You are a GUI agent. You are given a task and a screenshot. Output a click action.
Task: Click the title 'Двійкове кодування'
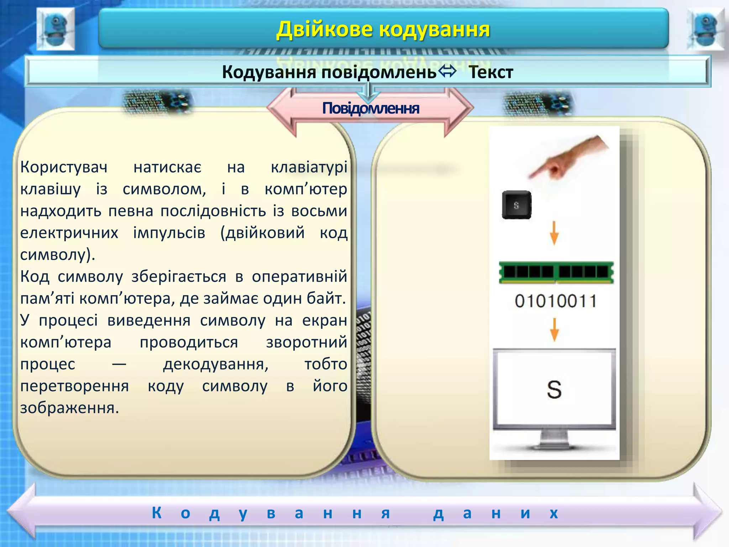point(383,29)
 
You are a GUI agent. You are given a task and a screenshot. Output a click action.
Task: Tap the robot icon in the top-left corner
point(56,29)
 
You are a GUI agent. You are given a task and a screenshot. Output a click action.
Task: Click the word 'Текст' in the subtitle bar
point(491,72)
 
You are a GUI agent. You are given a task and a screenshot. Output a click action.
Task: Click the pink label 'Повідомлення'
point(371,108)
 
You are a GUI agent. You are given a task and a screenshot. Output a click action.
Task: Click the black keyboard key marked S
point(516,205)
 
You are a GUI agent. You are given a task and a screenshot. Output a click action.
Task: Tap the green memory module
point(556,272)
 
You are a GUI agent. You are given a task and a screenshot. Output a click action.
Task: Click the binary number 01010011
point(555,301)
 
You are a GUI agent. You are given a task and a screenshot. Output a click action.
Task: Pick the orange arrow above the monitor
point(554,329)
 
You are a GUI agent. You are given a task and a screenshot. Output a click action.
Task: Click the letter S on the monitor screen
point(554,389)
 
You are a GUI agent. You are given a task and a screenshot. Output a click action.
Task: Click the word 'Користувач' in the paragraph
point(64,167)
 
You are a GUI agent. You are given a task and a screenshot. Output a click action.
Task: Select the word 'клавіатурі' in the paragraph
point(309,167)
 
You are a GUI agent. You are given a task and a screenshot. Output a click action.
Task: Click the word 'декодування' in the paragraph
point(216,364)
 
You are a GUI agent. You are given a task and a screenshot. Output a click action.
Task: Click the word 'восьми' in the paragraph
point(319,211)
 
